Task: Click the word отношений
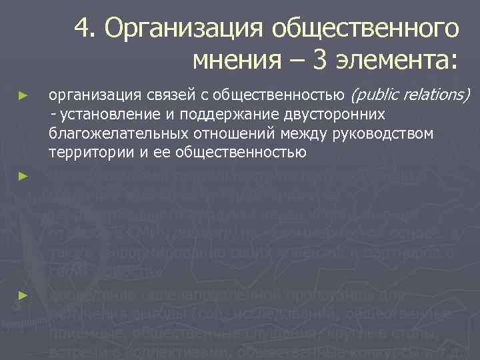212,134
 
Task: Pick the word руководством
386,134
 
